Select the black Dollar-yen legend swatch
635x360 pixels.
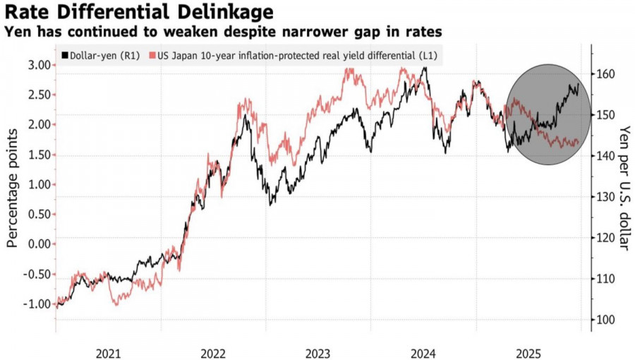coord(66,55)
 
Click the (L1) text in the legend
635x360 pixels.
coord(427,55)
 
